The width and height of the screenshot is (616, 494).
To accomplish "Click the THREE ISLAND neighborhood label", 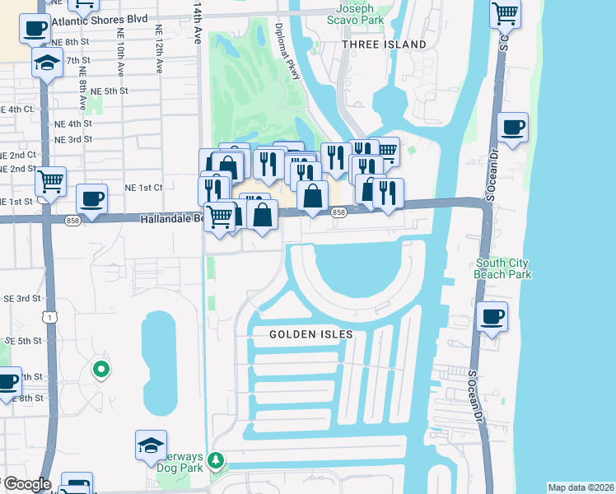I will point(384,44).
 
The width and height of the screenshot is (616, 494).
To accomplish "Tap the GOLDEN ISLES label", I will point(311,334).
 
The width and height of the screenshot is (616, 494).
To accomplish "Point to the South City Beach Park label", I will point(502,268).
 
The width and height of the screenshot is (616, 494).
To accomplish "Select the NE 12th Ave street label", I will point(158,49).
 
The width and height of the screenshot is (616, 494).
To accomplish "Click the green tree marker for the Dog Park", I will point(216,459).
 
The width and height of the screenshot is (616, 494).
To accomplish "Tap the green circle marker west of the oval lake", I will point(101,370).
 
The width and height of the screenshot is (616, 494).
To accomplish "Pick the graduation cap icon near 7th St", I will point(48,62).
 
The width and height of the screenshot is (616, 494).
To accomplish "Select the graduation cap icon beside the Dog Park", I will point(152,445).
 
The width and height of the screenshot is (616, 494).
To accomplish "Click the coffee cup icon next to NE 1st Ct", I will point(91,198).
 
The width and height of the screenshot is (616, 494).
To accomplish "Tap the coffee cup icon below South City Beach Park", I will point(492,317).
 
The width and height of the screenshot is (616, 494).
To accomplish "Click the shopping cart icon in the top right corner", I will point(505,12).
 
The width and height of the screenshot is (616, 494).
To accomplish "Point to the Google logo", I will point(26,485).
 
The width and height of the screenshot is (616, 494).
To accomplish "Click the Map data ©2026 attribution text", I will point(581,487).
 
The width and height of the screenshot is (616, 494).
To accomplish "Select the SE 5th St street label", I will point(23,340).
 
